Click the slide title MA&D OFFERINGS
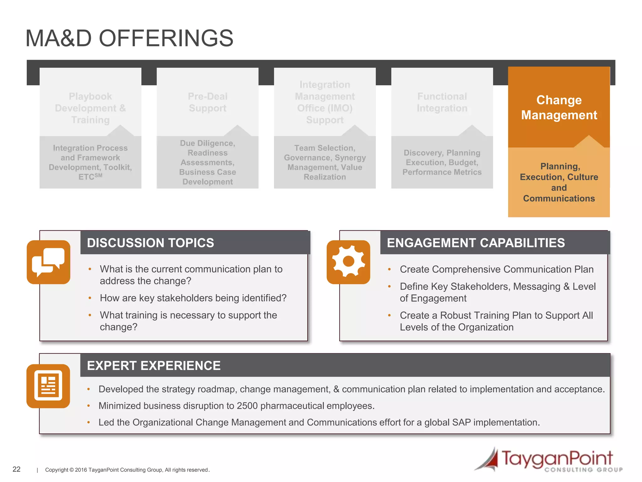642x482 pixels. point(129,38)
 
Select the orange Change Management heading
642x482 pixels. point(559,107)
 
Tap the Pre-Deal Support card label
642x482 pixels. point(208,102)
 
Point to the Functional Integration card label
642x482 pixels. point(442,102)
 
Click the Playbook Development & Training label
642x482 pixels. point(90,108)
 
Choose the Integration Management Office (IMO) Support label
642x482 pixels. point(325,102)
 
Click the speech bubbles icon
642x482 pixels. point(48,262)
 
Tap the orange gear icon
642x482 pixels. point(348,262)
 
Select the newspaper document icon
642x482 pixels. point(48,386)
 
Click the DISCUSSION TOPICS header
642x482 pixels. point(150,243)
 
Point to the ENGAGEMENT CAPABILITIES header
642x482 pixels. point(476,243)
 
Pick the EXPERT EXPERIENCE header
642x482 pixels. point(154,366)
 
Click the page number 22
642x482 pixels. point(16,469)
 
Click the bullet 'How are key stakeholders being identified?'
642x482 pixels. point(193,298)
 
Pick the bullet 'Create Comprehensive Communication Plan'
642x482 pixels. point(497,269)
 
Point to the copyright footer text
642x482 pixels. point(127,470)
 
